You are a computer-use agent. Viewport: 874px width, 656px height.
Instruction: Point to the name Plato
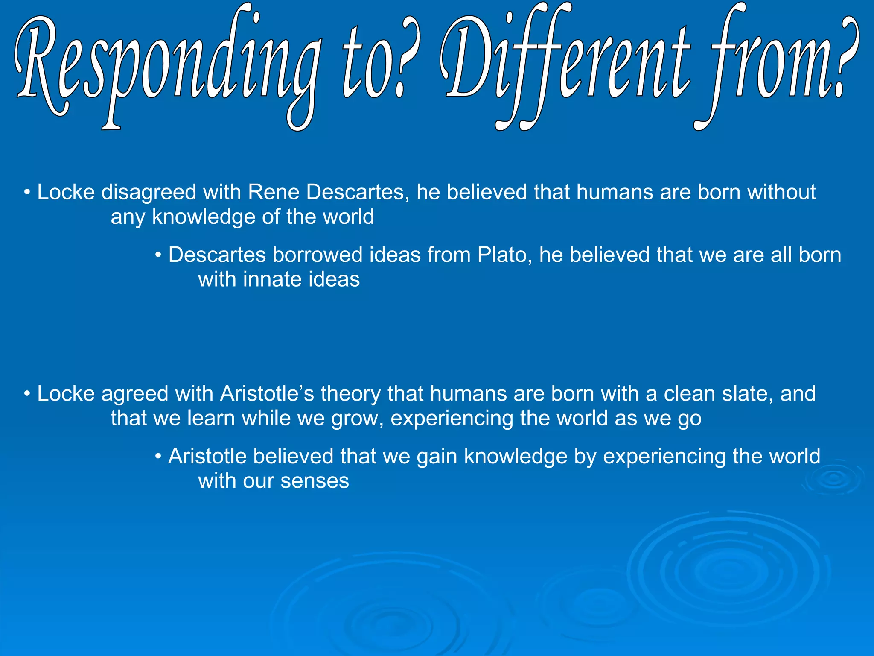coord(504,255)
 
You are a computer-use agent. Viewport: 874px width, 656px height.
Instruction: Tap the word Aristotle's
coord(267,394)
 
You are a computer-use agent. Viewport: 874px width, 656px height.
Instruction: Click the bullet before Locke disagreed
coord(27,193)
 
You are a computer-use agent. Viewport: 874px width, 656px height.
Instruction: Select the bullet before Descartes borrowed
coord(158,255)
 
